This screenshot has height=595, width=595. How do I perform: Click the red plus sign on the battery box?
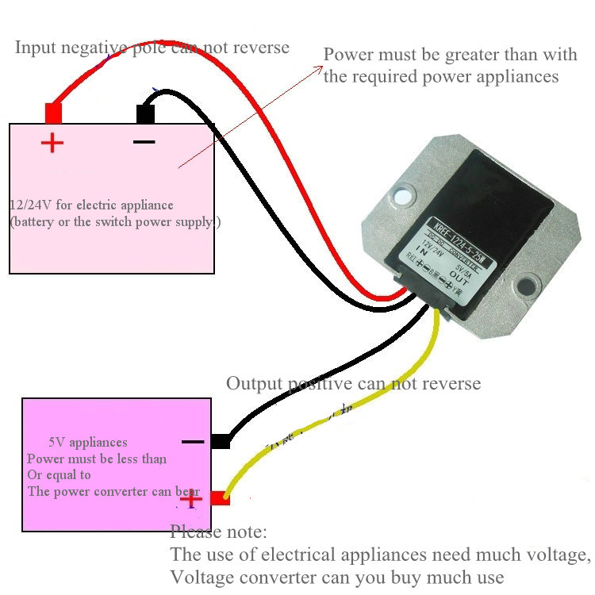[52, 144]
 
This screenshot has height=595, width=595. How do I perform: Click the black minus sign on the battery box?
[144, 142]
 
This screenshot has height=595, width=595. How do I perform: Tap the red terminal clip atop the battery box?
[53, 113]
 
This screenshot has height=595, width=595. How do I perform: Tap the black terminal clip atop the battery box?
[145, 113]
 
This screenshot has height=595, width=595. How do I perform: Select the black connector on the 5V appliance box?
[221, 442]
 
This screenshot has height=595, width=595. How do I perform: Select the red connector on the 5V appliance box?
[220, 498]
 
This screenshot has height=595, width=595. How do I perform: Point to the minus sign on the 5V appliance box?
[193, 442]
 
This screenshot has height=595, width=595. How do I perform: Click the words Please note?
[218, 531]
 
